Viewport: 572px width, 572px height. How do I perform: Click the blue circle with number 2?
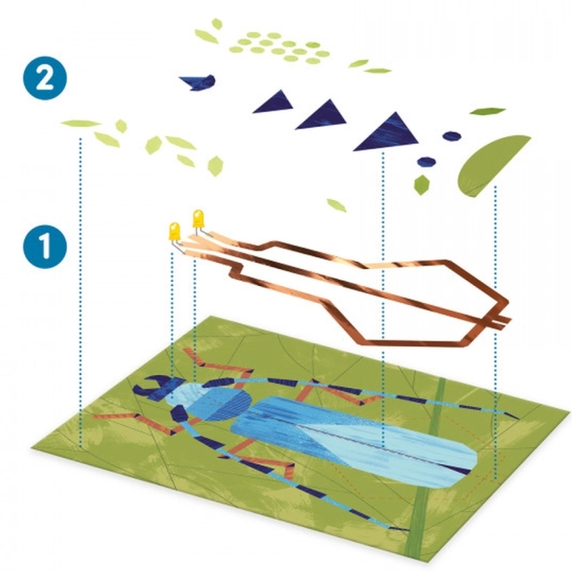tap(45, 78)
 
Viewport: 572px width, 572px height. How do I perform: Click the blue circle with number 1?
tap(45, 246)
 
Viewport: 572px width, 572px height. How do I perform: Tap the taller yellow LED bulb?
tap(199, 218)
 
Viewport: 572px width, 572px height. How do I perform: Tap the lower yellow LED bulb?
tap(175, 231)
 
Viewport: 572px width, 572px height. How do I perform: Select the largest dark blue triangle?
tap(387, 133)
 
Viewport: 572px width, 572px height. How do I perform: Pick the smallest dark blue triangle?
tap(275, 102)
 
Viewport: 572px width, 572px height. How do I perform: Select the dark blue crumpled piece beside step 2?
tap(199, 83)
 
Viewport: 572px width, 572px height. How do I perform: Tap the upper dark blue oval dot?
tap(452, 136)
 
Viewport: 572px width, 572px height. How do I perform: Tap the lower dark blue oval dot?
tap(427, 161)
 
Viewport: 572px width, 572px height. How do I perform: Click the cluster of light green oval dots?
tap(279, 47)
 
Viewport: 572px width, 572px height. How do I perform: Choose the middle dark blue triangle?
tap(322, 115)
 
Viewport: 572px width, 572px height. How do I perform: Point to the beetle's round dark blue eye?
tap(179, 413)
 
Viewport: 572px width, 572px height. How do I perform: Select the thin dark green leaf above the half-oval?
tap(487, 110)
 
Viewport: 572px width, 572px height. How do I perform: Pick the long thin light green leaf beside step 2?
tap(81, 123)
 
